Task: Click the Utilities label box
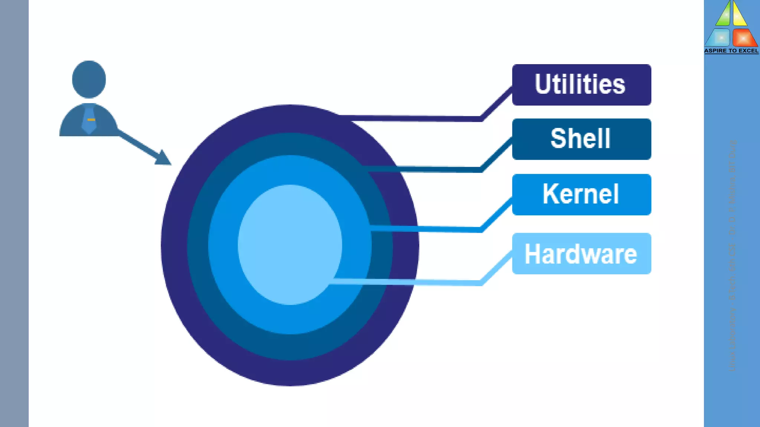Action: click(582, 85)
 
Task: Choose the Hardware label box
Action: click(582, 254)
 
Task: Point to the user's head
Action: click(89, 79)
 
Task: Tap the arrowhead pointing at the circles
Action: click(163, 158)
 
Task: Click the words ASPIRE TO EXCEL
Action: click(731, 51)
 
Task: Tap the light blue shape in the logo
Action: click(719, 38)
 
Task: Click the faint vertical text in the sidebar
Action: click(732, 256)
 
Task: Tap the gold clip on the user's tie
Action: click(91, 120)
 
